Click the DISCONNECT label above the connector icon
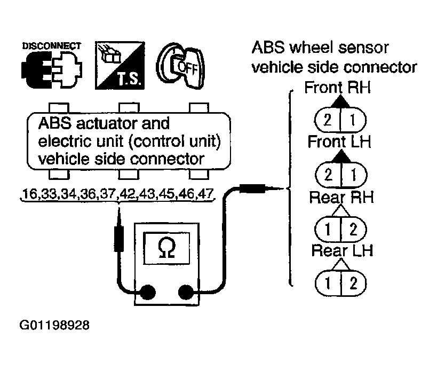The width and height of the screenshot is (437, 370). pos(52,46)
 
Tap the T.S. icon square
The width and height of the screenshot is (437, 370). pos(120,66)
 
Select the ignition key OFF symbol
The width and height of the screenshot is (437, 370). pos(180,66)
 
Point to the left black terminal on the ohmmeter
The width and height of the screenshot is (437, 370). pos(147,292)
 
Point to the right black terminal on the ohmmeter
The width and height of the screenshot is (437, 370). pos(186,292)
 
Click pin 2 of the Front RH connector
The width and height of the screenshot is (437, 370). pos(327,120)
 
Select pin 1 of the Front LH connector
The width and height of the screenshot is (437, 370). pos(353,175)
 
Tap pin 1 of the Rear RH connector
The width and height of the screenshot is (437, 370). pos(328,230)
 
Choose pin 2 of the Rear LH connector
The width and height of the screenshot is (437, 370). pos(353,284)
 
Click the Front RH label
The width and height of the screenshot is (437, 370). pos(338,87)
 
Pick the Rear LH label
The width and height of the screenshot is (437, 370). pos(342,250)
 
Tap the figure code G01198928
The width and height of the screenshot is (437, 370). pos(54,325)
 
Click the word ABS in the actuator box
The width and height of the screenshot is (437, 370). pos(54,123)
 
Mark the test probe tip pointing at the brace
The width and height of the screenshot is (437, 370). pos(283,189)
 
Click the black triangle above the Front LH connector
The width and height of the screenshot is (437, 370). pos(341,156)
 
